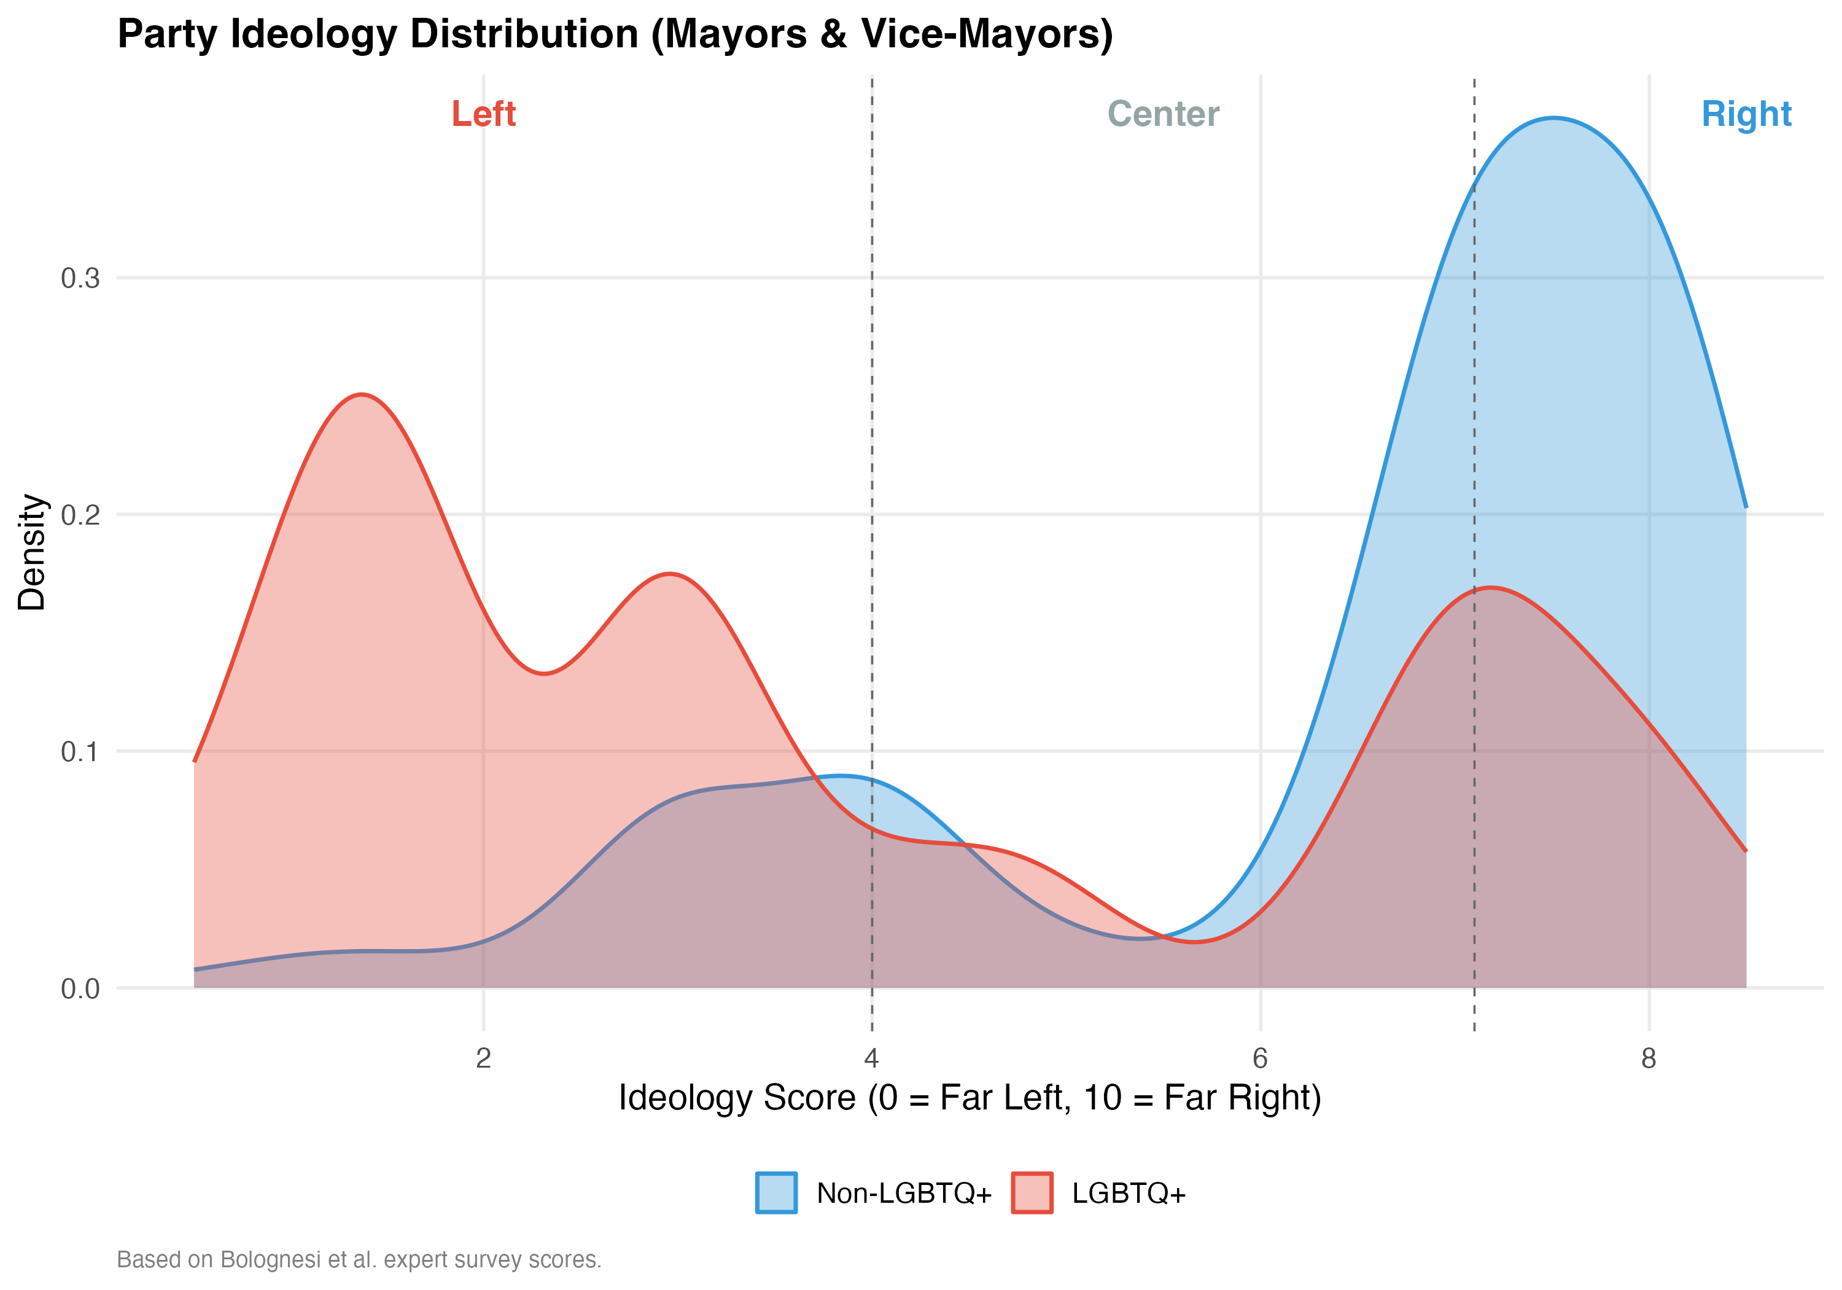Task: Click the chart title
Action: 615,34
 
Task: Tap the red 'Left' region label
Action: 483,114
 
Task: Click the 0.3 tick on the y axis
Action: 80,278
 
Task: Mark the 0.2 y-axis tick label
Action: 80,515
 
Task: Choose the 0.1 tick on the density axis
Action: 80,752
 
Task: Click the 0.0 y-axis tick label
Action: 80,989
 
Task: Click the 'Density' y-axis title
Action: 32,552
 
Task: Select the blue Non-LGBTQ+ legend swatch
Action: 776,1193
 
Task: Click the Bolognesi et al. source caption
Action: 359,1259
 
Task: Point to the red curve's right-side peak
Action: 1490,588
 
